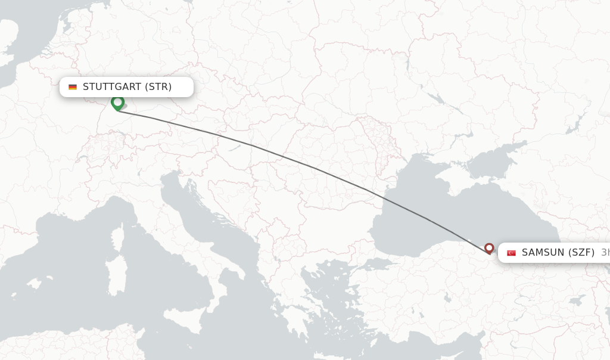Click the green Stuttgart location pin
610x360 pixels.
[x=117, y=103]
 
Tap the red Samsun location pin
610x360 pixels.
[x=489, y=248]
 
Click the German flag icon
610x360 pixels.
[x=73, y=87]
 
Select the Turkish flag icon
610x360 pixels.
[x=511, y=253]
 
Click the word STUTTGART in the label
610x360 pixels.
[x=112, y=87]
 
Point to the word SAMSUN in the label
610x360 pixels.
[x=542, y=253]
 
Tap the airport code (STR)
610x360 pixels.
[x=158, y=87]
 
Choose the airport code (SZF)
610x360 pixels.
[x=581, y=253]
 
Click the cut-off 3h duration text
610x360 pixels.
[x=605, y=253]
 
